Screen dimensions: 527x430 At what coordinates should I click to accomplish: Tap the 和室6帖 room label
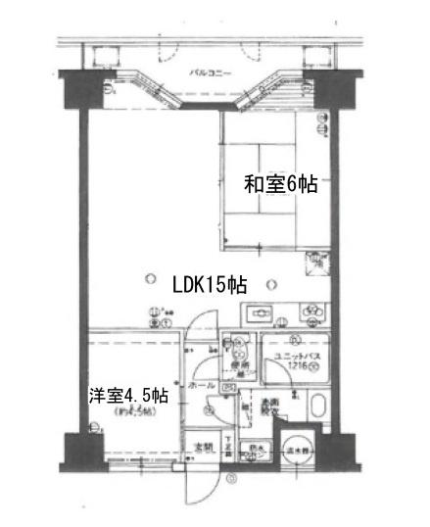point(281,183)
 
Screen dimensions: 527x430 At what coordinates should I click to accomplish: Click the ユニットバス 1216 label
point(297,359)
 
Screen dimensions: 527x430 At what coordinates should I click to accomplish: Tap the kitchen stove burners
point(312,314)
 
